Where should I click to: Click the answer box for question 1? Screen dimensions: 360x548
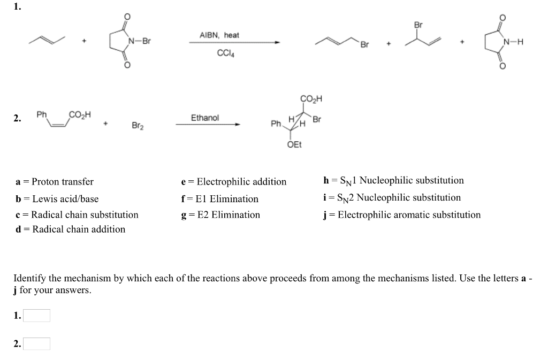pos(36,316)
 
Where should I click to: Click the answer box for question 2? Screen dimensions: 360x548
pos(36,343)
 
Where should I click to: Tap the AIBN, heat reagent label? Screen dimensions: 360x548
pos(219,35)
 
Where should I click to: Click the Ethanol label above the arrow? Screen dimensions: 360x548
pos(205,118)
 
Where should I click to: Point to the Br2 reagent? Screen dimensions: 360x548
pos(138,126)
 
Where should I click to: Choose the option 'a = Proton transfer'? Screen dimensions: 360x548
pos(55,182)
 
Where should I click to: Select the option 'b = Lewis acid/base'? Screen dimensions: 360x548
pos(57,199)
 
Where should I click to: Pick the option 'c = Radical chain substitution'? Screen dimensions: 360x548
pos(77,215)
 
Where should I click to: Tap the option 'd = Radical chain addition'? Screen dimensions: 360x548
pos(71,229)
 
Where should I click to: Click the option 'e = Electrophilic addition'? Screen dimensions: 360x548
pos(234,182)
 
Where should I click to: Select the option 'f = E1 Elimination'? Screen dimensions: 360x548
pos(220,199)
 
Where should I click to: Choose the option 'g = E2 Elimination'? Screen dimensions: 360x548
pos(221,215)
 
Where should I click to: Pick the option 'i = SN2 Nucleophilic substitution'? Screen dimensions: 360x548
pos(392,198)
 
